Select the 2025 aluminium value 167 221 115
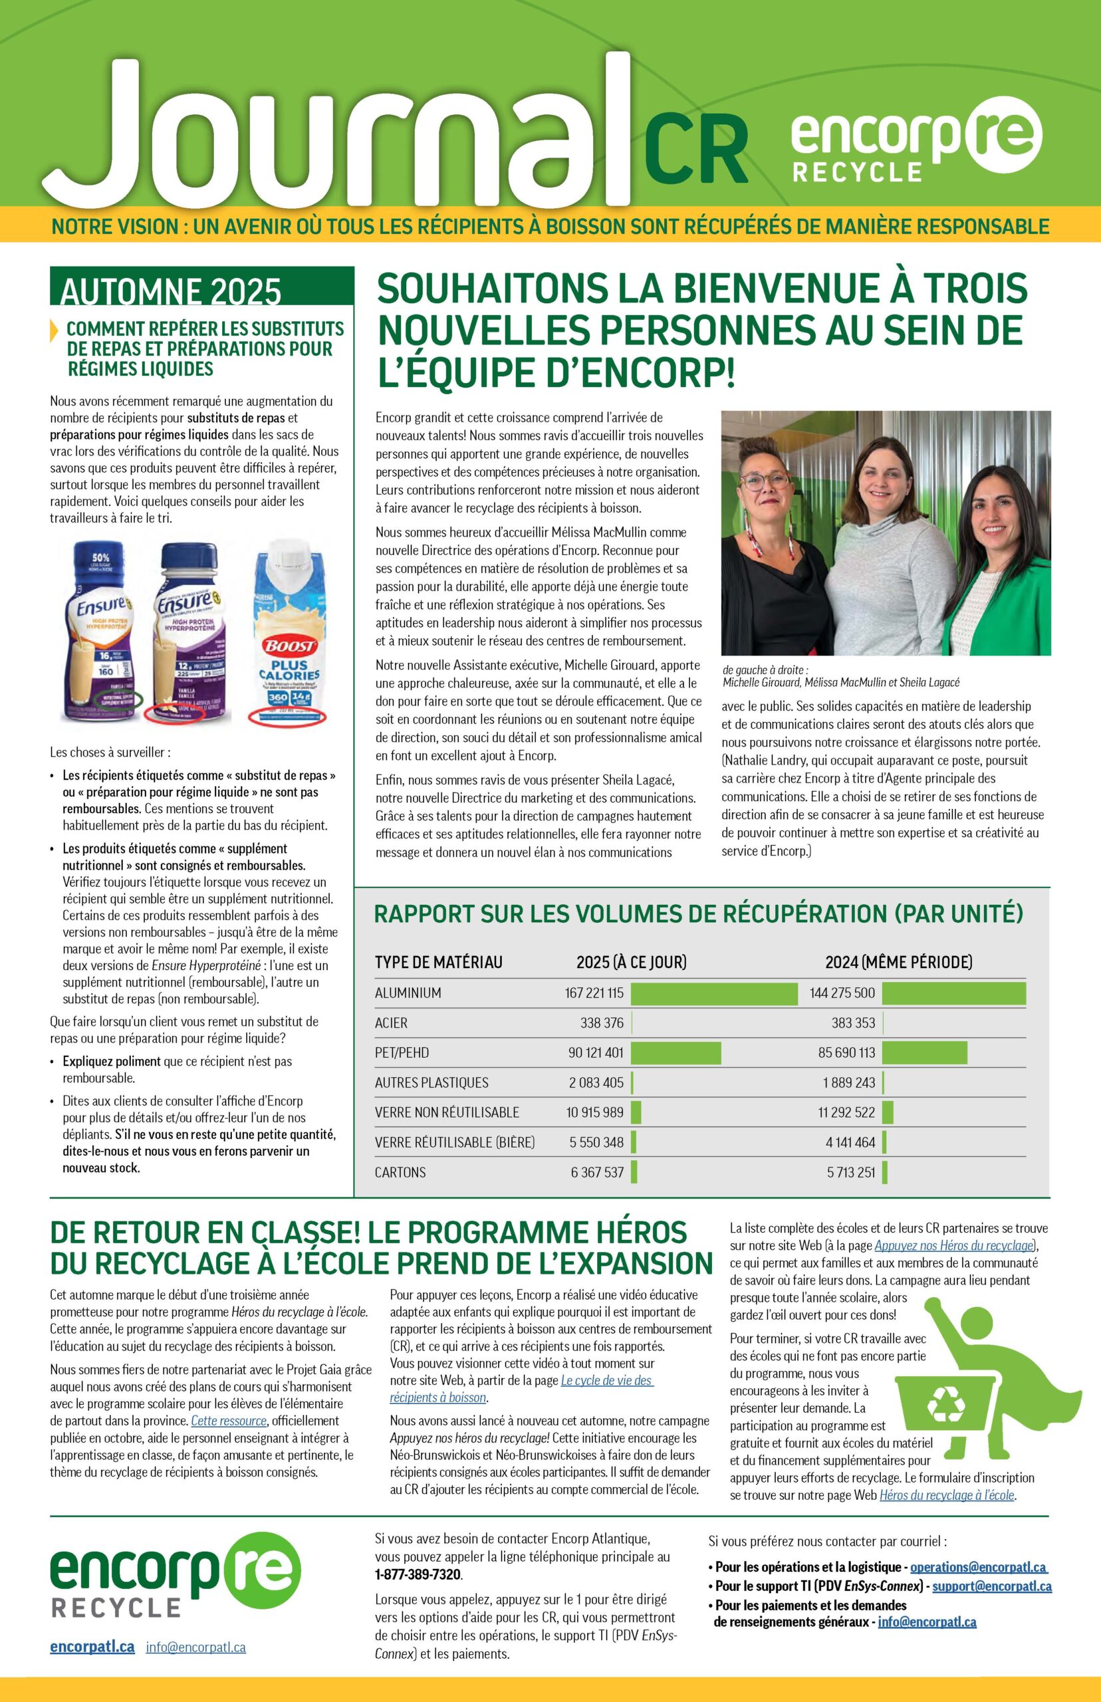pos(594,993)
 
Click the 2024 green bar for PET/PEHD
pos(923,1052)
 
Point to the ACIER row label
pos(391,1023)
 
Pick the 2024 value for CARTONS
pos(851,1172)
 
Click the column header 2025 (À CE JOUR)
pos(632,962)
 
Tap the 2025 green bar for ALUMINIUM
pos(713,993)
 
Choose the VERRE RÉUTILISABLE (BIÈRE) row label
pos(455,1142)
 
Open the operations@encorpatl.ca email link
pos(977,1567)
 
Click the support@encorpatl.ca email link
pos(991,1586)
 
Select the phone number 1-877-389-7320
pos(418,1574)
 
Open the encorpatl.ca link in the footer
pos(92,1647)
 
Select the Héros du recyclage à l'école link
pos(947,1495)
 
